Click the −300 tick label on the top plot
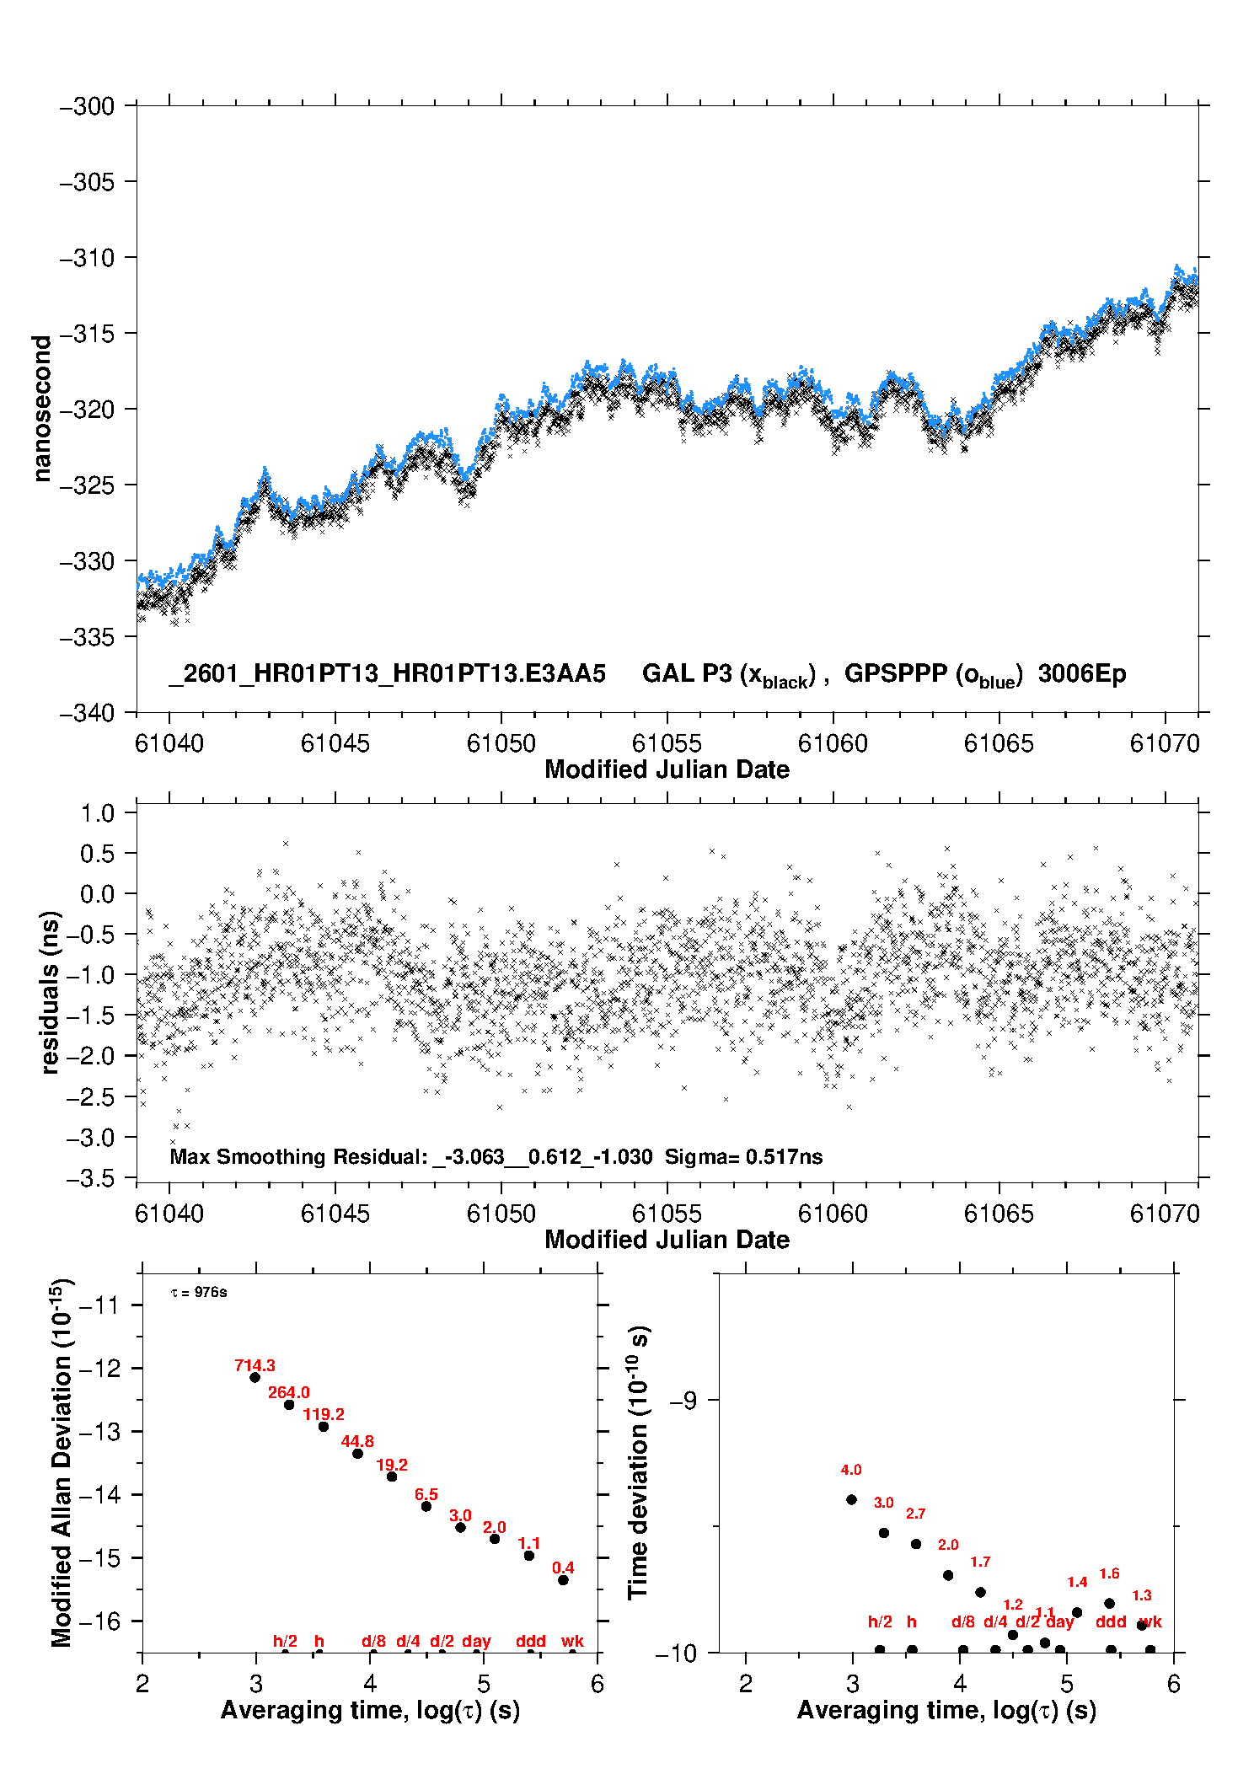[x=87, y=107]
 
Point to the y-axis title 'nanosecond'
[x=41, y=409]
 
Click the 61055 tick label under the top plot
[x=667, y=743]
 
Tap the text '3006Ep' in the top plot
[x=1082, y=673]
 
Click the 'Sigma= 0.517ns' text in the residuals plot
[x=743, y=1156]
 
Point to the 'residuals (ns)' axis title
[x=50, y=992]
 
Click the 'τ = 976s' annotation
[x=199, y=1293]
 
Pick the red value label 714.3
[x=255, y=1365]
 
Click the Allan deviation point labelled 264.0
[x=289, y=1405]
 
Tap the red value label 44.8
[x=357, y=1441]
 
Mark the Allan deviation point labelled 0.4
[x=563, y=1580]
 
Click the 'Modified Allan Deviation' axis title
[x=62, y=1463]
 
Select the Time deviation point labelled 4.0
[x=851, y=1499]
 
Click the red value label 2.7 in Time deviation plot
[x=916, y=1514]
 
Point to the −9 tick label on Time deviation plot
[x=683, y=1400]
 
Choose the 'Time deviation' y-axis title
[x=638, y=1463]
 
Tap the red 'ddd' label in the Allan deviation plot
[x=531, y=1641]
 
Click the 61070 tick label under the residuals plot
[x=1165, y=1214]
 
